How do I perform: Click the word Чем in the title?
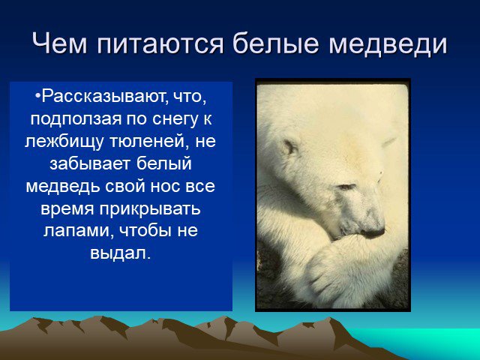point(60,43)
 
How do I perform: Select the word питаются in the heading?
point(160,44)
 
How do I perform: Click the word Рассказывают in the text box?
point(104,97)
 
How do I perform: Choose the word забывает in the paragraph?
point(91,163)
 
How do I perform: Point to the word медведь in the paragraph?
point(63,186)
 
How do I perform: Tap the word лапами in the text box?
point(76,232)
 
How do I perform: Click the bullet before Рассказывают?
point(38,97)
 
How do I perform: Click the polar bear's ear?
point(289,147)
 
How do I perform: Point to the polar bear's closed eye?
point(346,186)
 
